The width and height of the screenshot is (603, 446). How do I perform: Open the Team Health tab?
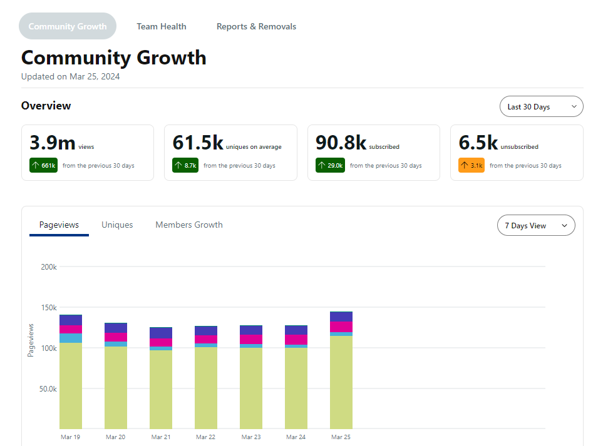[x=161, y=26]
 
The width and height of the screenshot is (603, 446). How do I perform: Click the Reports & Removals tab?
[x=256, y=26]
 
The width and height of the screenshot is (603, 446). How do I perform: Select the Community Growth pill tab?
[x=68, y=26]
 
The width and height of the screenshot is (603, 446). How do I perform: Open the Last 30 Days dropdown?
[x=542, y=106]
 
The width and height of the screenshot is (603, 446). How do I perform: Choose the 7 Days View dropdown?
[x=536, y=225]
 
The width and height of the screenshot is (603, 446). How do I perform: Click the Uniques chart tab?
[x=117, y=225]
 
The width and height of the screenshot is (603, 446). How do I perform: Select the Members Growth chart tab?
[x=189, y=225]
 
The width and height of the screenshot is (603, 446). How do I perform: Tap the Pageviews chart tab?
[x=59, y=225]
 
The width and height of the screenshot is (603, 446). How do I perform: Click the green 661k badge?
[x=43, y=165]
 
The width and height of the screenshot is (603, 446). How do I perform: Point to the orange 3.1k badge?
[x=472, y=165]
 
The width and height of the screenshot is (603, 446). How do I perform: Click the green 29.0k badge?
[x=331, y=165]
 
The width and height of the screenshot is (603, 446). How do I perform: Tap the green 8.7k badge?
[x=185, y=165]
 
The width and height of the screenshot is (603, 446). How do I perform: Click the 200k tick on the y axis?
[x=49, y=266]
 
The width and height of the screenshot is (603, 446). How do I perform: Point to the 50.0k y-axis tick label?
[x=48, y=388]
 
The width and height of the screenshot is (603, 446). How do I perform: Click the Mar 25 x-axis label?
[x=341, y=437]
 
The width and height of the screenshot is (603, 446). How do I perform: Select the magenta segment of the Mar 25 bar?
[x=341, y=327]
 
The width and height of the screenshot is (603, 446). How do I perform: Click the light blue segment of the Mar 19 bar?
[x=71, y=338]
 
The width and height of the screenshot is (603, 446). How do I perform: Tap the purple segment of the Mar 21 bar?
[x=161, y=333]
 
